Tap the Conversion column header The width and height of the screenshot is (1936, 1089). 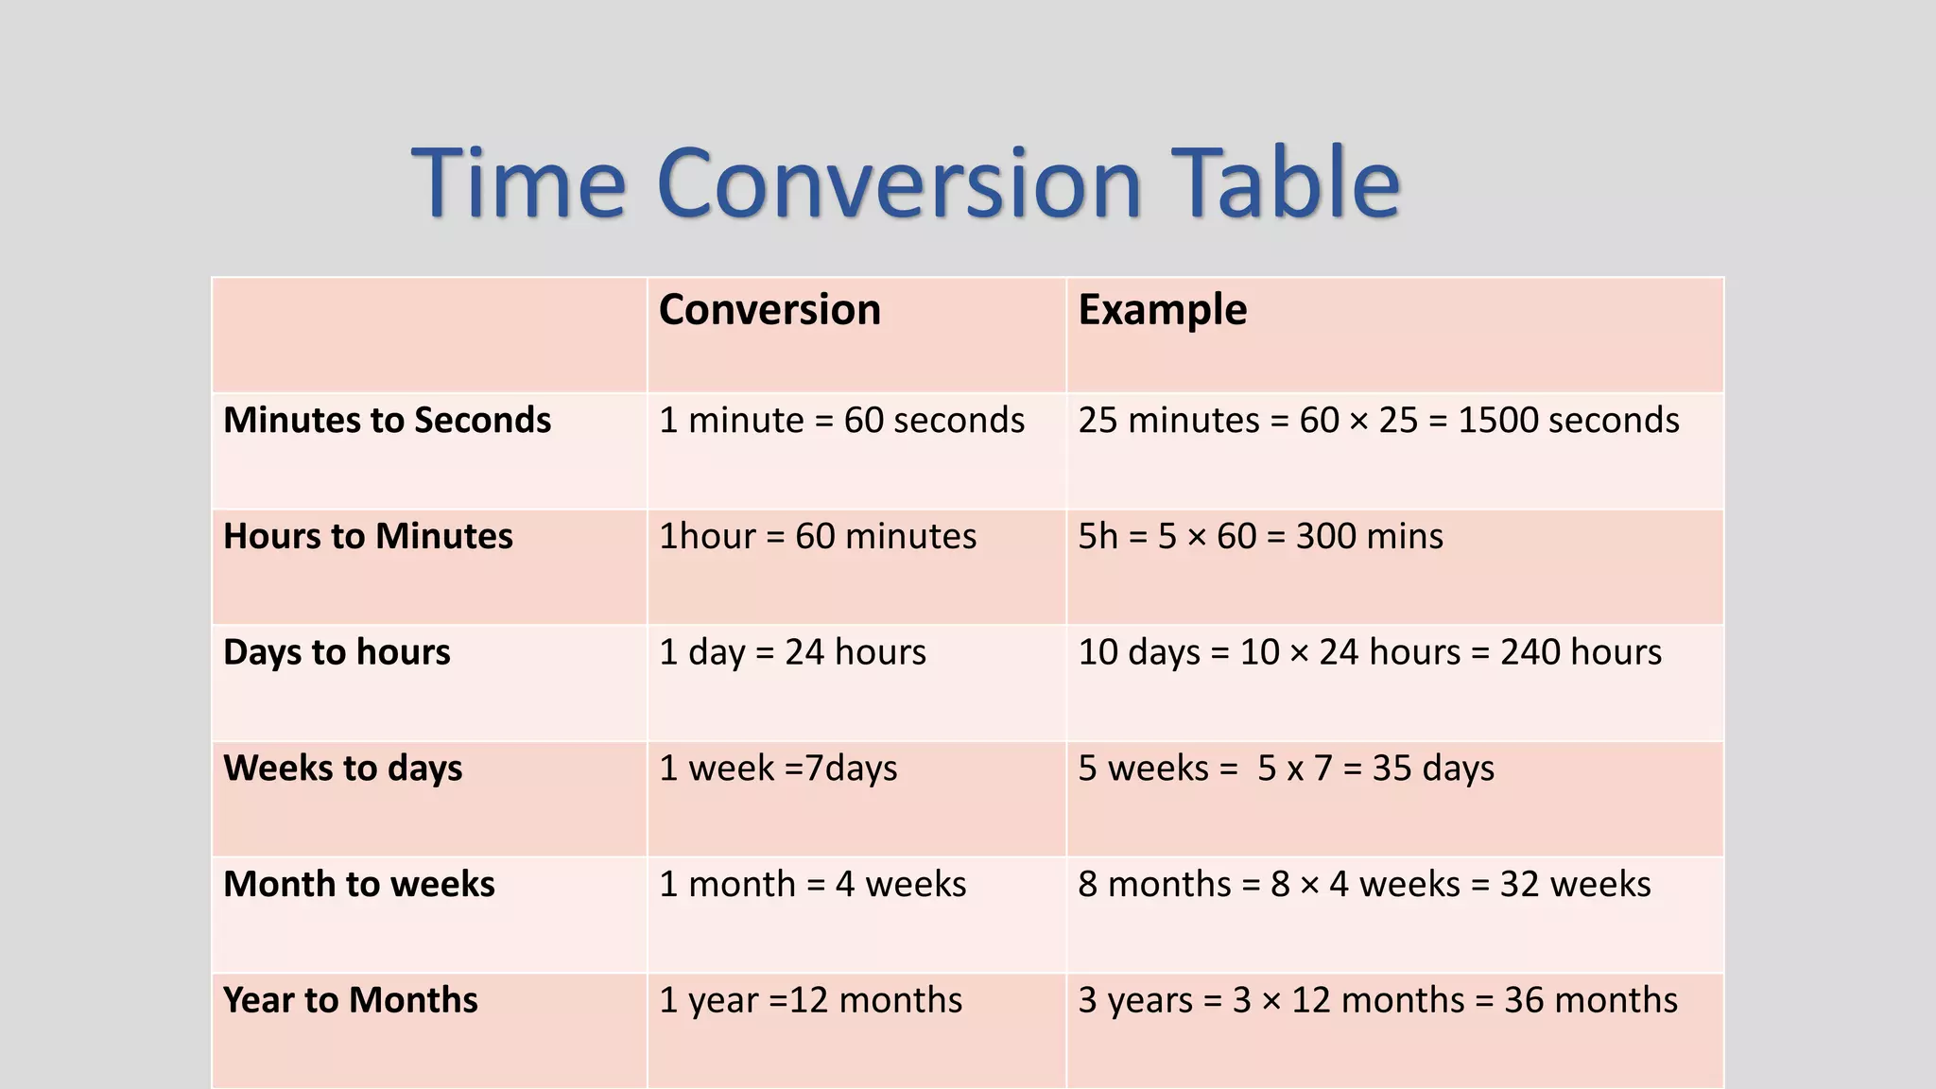(769, 310)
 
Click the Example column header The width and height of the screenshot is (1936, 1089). (1162, 310)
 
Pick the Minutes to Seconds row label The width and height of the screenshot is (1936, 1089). (387, 420)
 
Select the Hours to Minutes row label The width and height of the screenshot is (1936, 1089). (368, 536)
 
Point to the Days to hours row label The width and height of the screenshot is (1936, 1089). (337, 652)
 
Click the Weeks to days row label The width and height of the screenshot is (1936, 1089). (342, 769)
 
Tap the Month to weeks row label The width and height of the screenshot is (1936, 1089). (358, 885)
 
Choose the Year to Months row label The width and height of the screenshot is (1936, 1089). (350, 1000)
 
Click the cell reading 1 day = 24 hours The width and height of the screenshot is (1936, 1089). (792, 652)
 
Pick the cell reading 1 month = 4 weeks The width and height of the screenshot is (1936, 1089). (812, 885)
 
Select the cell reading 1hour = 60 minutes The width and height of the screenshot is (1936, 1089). (817, 536)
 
